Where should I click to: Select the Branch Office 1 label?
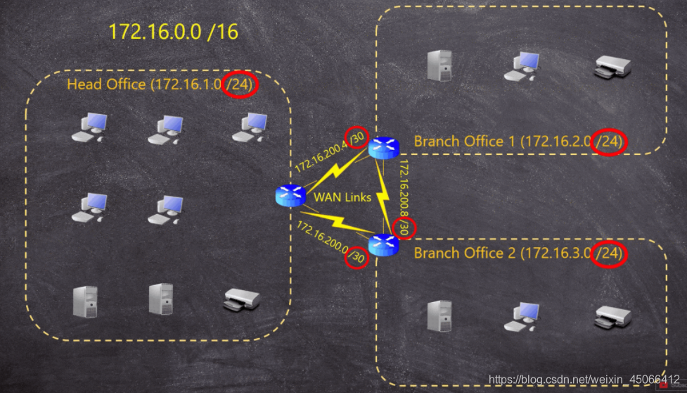point(519,142)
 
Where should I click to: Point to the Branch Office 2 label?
point(519,253)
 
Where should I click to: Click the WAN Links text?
point(342,197)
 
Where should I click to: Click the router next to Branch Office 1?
point(383,146)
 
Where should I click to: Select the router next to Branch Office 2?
point(383,244)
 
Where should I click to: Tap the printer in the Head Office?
point(241,300)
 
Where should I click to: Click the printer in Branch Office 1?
point(612,67)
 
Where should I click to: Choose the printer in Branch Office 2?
point(612,317)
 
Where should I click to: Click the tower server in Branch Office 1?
point(440,65)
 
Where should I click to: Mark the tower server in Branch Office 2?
point(440,316)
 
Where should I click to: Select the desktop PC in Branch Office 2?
point(521,316)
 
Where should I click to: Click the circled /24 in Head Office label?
point(240,85)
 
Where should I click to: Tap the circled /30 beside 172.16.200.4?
point(357,138)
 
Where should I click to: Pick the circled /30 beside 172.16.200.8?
point(404,227)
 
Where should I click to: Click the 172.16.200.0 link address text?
point(322,240)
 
